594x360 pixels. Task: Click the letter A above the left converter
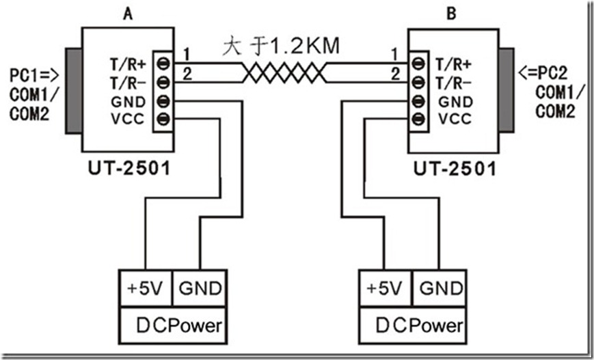(128, 13)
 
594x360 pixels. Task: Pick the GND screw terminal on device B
(418, 102)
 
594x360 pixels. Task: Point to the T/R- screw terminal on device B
(418, 83)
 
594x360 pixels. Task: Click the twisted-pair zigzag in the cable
(283, 72)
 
